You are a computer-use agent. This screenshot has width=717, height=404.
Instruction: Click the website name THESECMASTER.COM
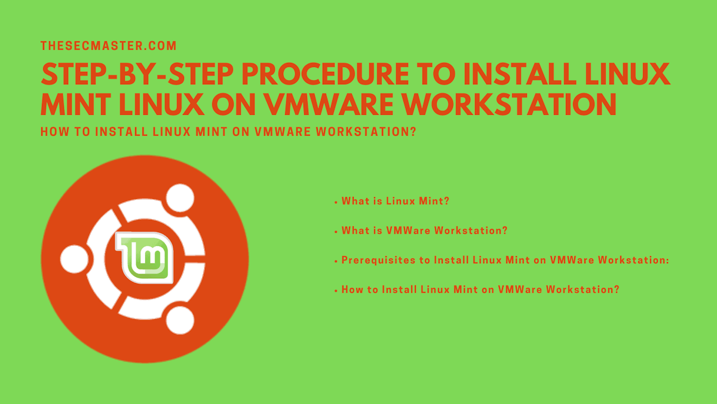pyautogui.click(x=108, y=45)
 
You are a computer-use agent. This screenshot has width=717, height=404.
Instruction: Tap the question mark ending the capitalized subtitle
pyautogui.click(x=412, y=132)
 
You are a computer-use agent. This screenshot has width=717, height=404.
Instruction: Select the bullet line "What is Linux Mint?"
pyautogui.click(x=395, y=201)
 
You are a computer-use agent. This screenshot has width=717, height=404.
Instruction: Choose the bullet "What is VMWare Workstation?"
pyautogui.click(x=424, y=230)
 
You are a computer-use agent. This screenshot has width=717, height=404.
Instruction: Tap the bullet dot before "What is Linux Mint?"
pyautogui.click(x=336, y=202)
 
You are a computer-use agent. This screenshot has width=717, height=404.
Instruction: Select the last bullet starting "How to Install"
pyautogui.click(x=480, y=289)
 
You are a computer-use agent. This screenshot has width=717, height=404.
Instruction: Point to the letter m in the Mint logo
pyautogui.click(x=153, y=259)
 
